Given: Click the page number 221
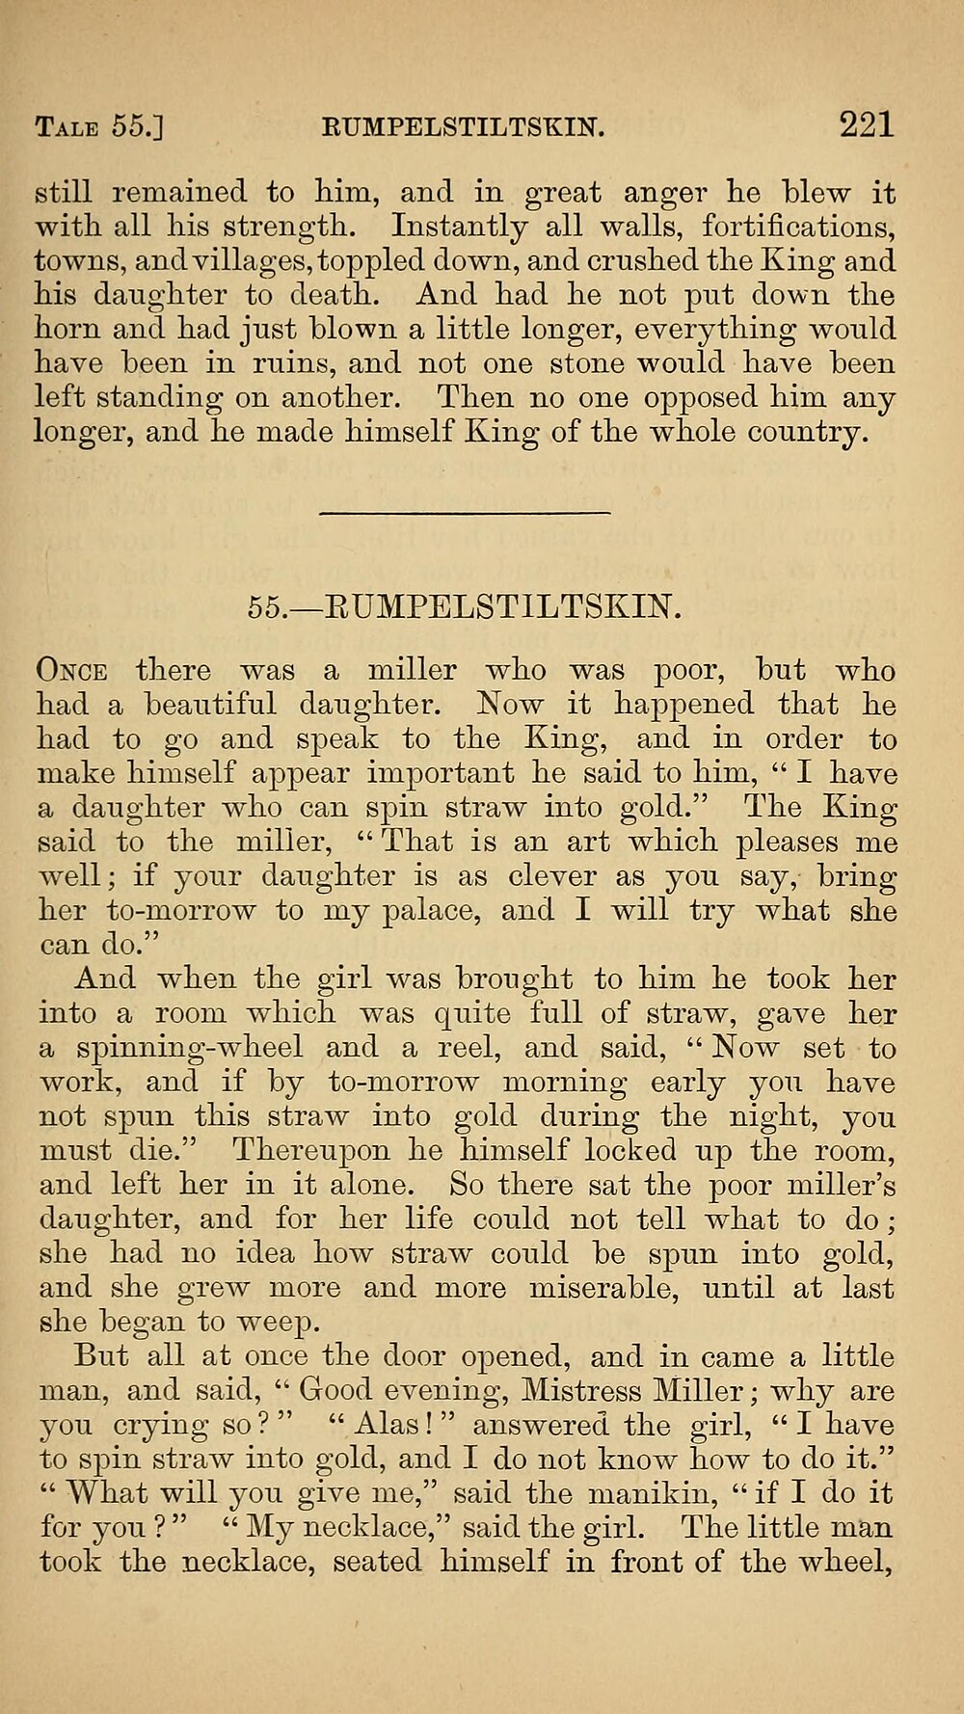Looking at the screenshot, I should (866, 124).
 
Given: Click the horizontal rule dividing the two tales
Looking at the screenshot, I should (465, 513).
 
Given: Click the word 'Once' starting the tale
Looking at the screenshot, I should (72, 670).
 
